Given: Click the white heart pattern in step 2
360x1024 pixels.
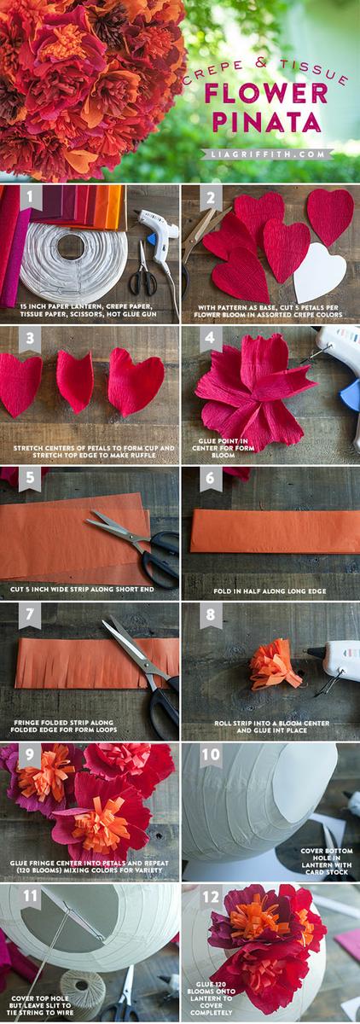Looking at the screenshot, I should (318, 272).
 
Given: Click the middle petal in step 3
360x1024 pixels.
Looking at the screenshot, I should (75, 381).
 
